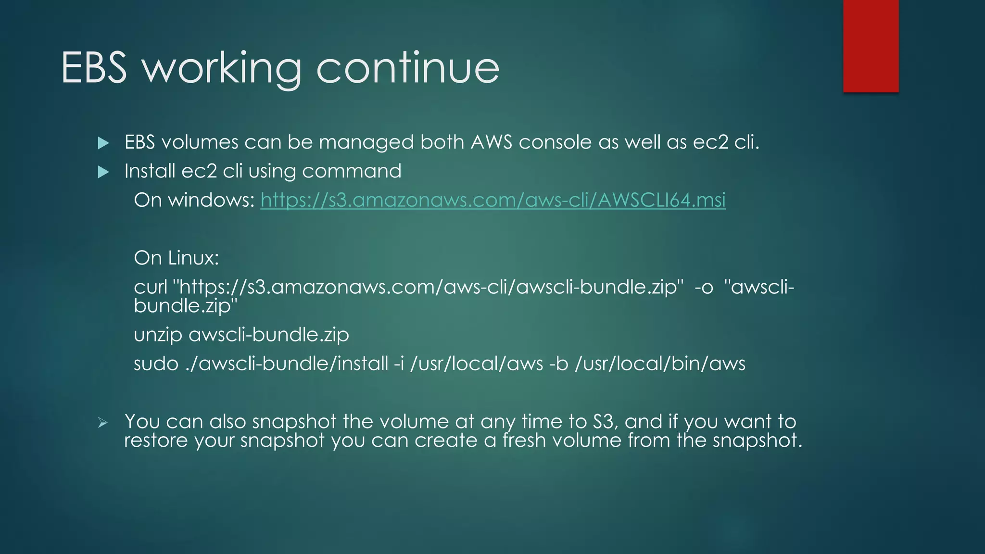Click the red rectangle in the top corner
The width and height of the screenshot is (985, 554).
tap(871, 46)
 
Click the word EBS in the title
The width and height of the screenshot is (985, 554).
tap(94, 68)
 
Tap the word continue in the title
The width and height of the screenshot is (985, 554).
tap(408, 68)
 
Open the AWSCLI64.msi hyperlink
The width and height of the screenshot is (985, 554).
tap(492, 200)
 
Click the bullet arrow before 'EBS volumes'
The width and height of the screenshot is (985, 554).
tap(103, 143)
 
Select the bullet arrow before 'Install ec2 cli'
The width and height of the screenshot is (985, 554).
tap(103, 172)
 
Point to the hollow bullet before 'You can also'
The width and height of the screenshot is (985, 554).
tap(102, 423)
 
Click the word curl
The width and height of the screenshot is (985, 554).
tap(150, 287)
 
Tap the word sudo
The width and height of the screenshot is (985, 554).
tap(156, 364)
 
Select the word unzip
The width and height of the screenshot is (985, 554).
tap(158, 335)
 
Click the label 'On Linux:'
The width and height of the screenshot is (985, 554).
tap(176, 258)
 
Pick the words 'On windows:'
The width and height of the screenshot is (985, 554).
tap(194, 200)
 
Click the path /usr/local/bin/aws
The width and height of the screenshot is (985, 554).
tap(660, 364)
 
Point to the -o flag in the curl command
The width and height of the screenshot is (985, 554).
tap(704, 288)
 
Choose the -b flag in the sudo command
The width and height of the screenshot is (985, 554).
tap(558, 364)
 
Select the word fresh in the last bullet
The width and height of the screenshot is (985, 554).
tap(523, 441)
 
